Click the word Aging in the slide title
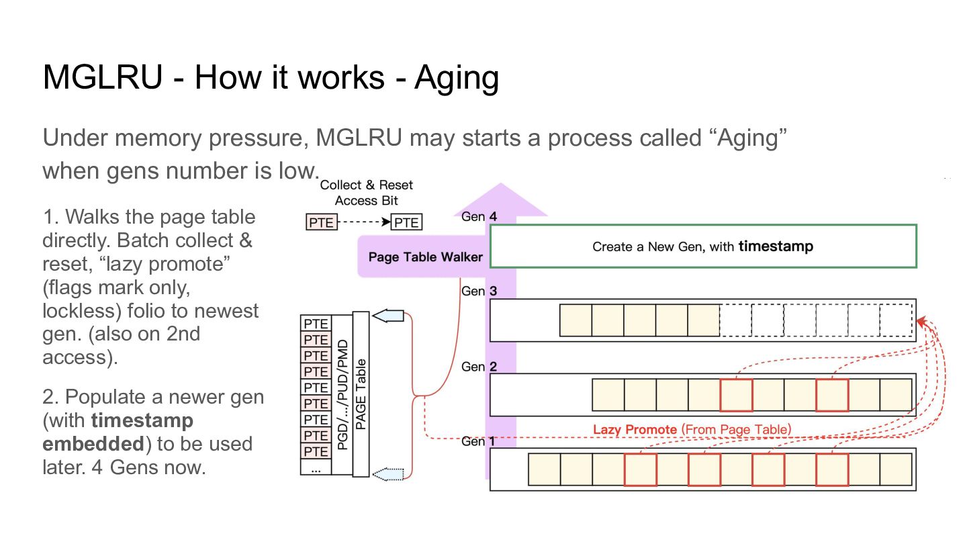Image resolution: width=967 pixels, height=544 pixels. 457,78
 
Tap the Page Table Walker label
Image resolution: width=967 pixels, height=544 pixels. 425,257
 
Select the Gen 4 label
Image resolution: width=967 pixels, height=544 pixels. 479,216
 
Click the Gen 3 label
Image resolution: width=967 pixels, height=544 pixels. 479,291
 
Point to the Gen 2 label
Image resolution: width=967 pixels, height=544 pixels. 479,367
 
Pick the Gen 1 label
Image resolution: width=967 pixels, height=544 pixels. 478,441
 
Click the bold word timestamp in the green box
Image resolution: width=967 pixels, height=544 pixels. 776,246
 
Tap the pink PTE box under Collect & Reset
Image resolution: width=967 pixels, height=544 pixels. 322,222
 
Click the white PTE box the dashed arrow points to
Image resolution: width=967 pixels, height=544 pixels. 406,222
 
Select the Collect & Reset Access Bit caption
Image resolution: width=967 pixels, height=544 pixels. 367,193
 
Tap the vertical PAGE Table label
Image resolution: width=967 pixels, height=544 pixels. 361,394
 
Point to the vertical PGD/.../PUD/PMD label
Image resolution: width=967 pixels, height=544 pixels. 342,395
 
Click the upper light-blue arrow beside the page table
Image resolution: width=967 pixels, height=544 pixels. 388,316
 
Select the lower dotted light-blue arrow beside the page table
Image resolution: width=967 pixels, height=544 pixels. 388,474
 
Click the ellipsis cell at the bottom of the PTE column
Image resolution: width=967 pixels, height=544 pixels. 316,467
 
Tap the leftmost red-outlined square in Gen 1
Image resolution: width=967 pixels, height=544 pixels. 641,469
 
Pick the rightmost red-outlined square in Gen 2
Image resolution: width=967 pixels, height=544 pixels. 832,395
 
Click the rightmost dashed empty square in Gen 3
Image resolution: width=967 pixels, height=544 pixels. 896,320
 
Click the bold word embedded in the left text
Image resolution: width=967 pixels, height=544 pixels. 93,444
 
